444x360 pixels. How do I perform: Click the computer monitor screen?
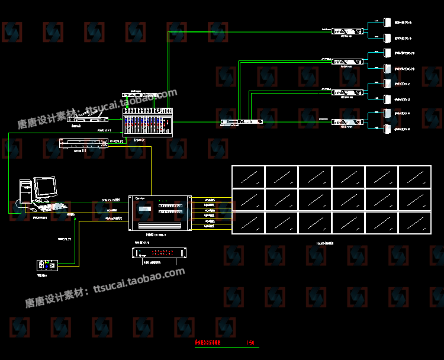[45, 188]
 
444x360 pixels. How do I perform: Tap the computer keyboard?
[52, 208]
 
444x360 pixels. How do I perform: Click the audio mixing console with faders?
[147, 123]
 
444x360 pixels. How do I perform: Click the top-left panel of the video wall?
[248, 176]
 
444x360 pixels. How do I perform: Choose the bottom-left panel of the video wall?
[248, 222]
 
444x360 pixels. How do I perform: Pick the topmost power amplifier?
[347, 31]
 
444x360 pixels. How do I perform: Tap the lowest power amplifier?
[347, 122]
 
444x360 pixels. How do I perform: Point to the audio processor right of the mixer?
[241, 122]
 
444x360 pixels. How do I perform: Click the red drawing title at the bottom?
[208, 343]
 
